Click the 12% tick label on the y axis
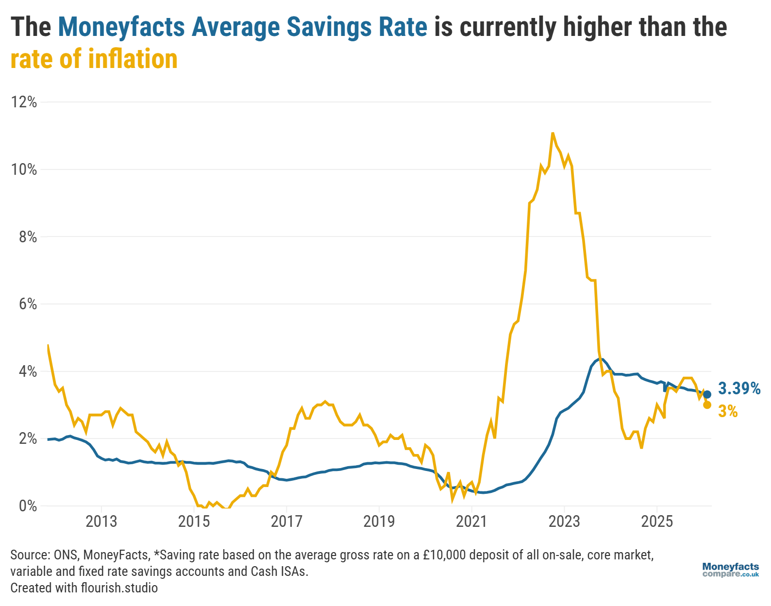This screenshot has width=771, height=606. (24, 102)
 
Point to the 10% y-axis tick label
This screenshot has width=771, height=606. (24, 169)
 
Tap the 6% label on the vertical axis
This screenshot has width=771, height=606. (28, 304)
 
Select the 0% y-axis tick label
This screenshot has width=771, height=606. (28, 506)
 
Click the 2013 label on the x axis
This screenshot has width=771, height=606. (101, 522)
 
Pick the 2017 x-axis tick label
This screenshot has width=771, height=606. (286, 522)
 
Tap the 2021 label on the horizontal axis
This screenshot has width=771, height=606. (471, 522)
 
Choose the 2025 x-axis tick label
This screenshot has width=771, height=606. (657, 522)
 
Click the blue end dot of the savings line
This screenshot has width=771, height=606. (707, 394)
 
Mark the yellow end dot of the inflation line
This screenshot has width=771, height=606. (707, 405)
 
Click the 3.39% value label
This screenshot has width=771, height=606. (739, 388)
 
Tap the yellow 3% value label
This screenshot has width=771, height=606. (728, 412)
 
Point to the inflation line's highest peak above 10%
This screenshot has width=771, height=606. (553, 133)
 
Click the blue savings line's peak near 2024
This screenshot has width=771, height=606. (600, 359)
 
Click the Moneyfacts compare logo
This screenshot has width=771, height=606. (730, 570)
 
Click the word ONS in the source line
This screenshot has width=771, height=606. (65, 555)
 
